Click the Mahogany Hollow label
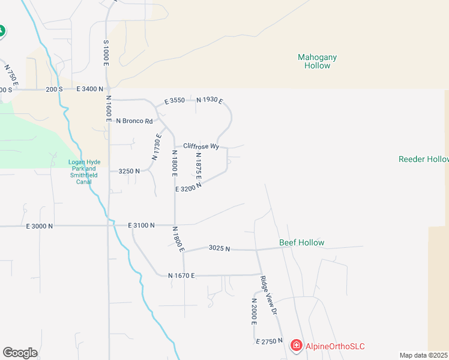point(317,61)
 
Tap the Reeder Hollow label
point(423,159)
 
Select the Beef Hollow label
point(301,243)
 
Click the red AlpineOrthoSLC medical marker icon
point(296,346)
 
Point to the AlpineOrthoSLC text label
point(335,346)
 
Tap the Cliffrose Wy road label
point(201,146)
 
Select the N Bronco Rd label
point(134,121)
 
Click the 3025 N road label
point(219,248)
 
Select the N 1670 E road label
point(182,275)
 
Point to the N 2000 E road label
point(254,311)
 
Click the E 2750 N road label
point(269,341)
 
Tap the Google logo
point(20,353)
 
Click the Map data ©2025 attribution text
point(423,355)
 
